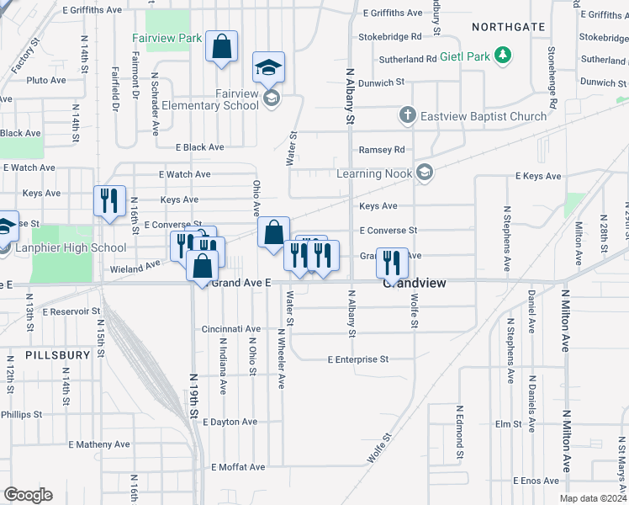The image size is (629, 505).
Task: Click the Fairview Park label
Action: (166, 39)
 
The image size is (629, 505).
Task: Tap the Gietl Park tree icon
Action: (502, 56)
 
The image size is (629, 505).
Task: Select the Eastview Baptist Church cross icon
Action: (407, 115)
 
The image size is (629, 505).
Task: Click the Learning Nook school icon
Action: (424, 173)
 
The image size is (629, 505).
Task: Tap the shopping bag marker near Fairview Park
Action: (221, 48)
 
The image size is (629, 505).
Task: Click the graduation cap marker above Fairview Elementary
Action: (269, 66)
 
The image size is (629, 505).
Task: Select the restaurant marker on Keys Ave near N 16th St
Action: (109, 200)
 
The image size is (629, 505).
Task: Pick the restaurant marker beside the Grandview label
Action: (392, 263)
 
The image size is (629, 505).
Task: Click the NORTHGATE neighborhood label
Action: (508, 27)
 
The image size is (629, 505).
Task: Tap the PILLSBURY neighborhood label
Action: (57, 355)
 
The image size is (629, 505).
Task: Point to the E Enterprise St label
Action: (357, 359)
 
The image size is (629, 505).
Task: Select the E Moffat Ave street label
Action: (238, 467)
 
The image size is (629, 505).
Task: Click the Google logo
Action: (28, 495)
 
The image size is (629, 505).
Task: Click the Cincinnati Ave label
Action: (230, 329)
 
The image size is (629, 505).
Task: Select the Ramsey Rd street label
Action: (382, 150)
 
